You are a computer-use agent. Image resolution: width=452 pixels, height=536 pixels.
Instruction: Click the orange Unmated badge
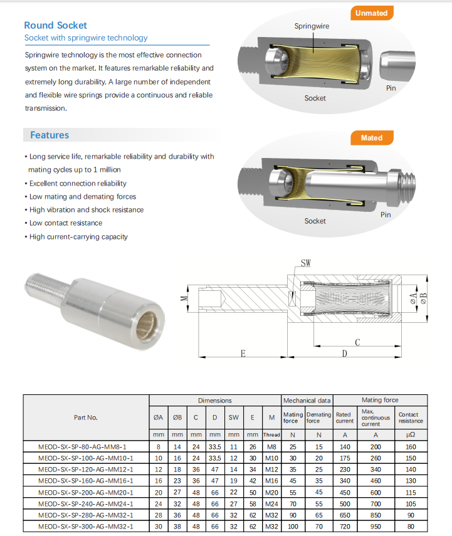click(371, 13)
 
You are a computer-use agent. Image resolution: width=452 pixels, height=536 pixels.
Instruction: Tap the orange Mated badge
click(372, 138)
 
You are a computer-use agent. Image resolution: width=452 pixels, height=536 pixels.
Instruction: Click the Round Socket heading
click(55, 25)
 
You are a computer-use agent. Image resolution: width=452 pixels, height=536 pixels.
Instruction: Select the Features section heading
click(50, 135)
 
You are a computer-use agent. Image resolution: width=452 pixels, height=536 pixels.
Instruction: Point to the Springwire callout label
click(312, 26)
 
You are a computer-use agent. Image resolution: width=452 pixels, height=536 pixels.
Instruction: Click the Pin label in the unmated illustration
click(391, 88)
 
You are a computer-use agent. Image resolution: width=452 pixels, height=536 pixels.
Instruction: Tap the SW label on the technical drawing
click(305, 263)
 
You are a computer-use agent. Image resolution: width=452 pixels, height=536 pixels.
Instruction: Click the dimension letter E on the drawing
click(243, 353)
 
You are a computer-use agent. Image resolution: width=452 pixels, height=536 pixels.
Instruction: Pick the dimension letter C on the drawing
click(357, 342)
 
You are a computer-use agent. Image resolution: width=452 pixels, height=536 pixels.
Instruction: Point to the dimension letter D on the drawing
click(344, 354)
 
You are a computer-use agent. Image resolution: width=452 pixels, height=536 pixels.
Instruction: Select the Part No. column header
click(86, 417)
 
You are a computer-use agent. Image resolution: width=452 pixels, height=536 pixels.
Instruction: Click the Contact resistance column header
click(411, 418)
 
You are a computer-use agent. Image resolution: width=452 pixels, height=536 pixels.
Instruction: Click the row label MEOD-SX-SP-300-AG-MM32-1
click(86, 526)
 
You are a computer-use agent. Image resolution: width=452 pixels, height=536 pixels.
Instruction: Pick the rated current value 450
click(344, 492)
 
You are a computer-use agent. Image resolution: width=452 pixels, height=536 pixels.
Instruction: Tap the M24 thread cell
click(271, 503)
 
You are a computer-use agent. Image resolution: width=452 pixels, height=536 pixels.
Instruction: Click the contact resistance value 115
click(411, 492)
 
